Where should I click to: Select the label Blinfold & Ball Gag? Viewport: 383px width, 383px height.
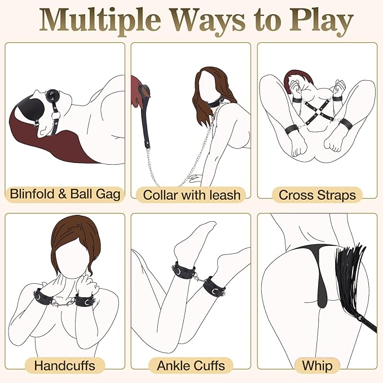click(65, 195)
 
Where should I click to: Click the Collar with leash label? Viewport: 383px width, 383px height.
click(192, 195)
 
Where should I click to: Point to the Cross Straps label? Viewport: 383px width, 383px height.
click(318, 195)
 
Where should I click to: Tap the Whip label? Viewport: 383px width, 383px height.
click(317, 365)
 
